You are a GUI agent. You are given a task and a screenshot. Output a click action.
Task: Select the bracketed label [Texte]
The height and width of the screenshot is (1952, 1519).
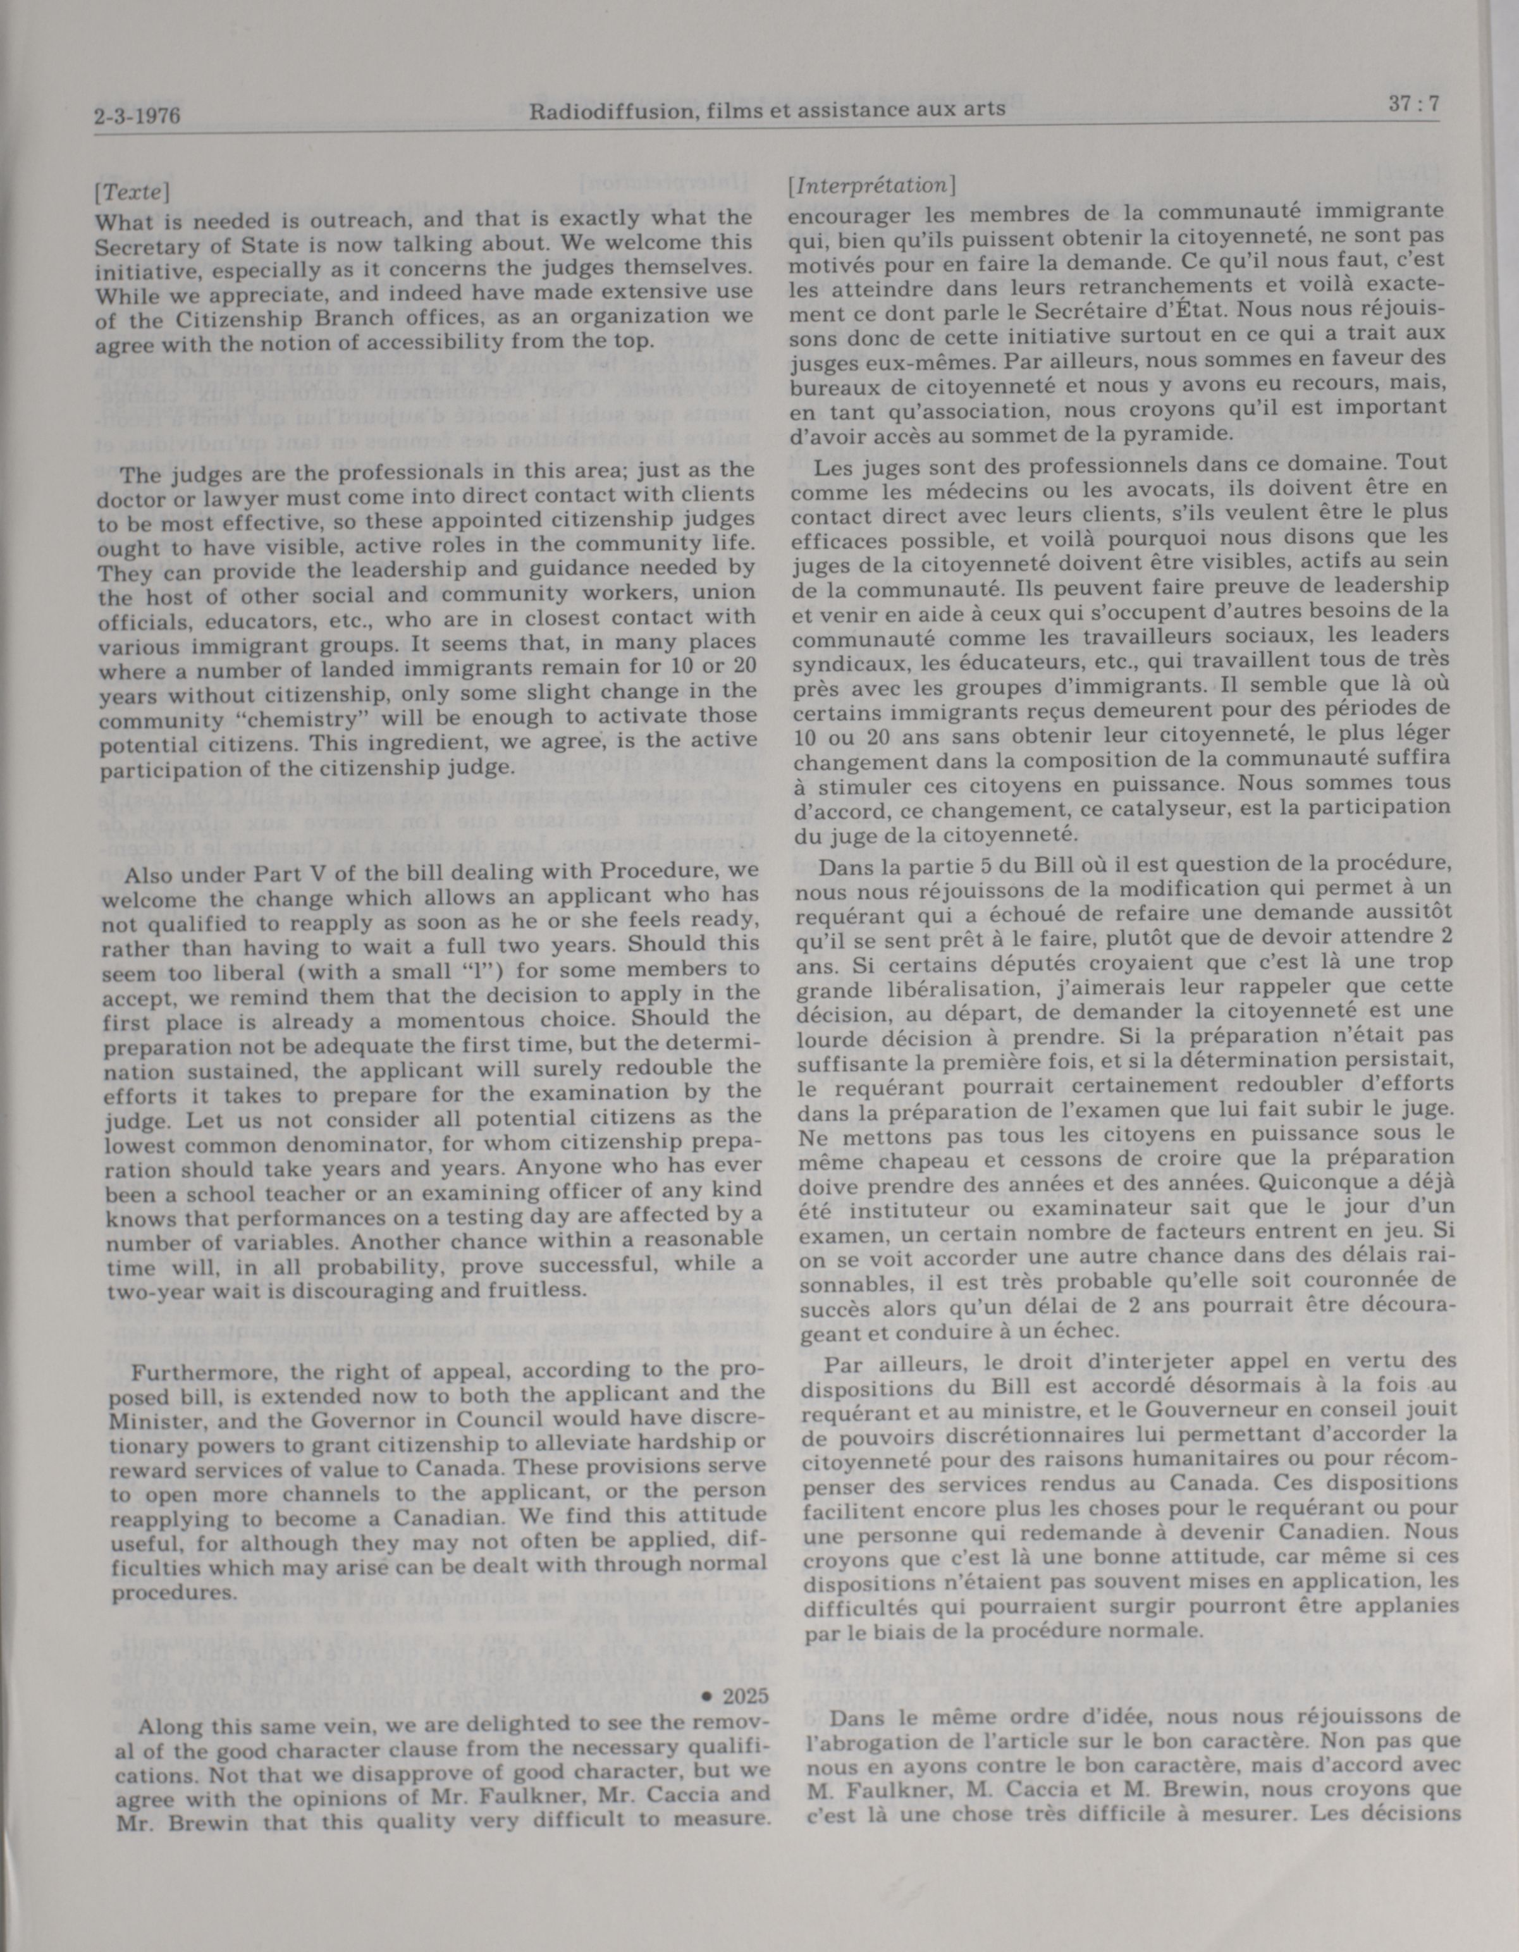132,192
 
